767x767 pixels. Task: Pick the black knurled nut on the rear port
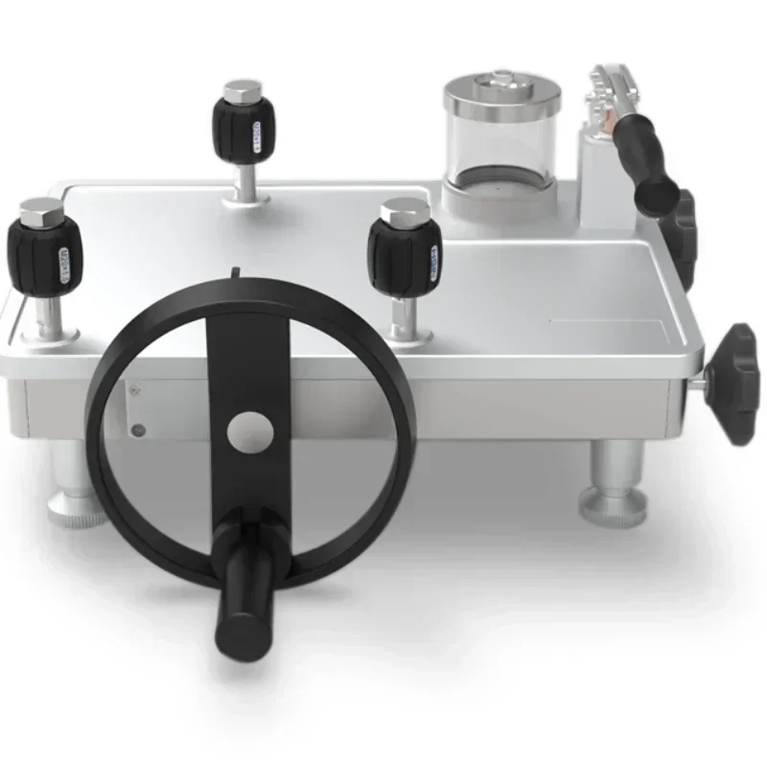[244, 131]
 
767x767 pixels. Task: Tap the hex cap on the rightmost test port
[404, 211]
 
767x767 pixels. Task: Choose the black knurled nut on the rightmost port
[405, 256]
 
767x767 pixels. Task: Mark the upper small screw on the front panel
[134, 390]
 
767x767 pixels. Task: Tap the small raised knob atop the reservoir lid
[500, 78]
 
